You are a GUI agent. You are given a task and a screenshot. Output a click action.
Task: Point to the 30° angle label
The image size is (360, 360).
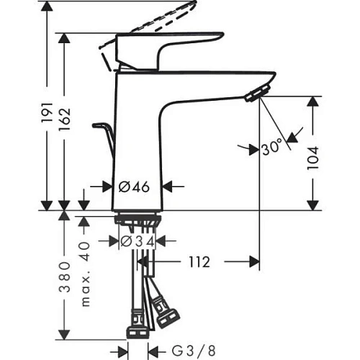point(271,149)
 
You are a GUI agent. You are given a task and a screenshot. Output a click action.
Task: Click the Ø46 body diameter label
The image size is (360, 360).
point(133,186)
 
